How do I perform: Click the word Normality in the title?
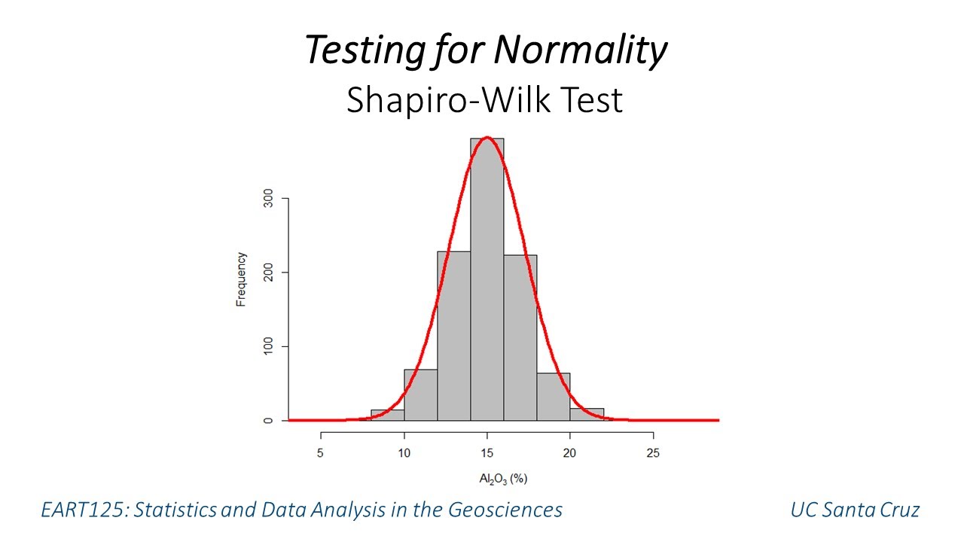click(x=580, y=51)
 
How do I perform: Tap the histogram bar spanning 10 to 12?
click(x=421, y=394)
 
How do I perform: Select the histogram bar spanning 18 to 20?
click(x=554, y=397)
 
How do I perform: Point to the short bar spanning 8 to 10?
click(x=388, y=415)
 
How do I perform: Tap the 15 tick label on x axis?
click(x=487, y=453)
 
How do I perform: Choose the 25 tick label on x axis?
click(x=653, y=453)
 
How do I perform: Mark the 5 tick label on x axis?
click(x=322, y=453)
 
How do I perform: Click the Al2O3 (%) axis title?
click(x=503, y=479)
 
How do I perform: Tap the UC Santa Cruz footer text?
click(x=854, y=510)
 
